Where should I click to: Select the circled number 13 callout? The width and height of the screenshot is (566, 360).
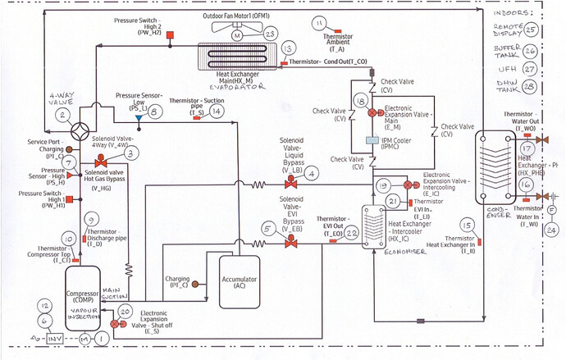pos(287,50)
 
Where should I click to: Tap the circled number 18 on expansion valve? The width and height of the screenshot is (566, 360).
pos(359,101)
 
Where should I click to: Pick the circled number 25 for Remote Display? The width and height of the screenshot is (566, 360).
pos(531,30)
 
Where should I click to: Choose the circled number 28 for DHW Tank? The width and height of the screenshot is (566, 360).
pos(531,87)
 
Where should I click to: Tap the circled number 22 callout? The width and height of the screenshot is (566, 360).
pos(352,234)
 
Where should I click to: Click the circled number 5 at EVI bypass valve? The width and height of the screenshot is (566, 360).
pos(268,229)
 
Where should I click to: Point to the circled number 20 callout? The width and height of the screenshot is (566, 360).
pos(125,312)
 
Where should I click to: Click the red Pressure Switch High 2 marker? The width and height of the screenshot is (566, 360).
pos(170,34)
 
